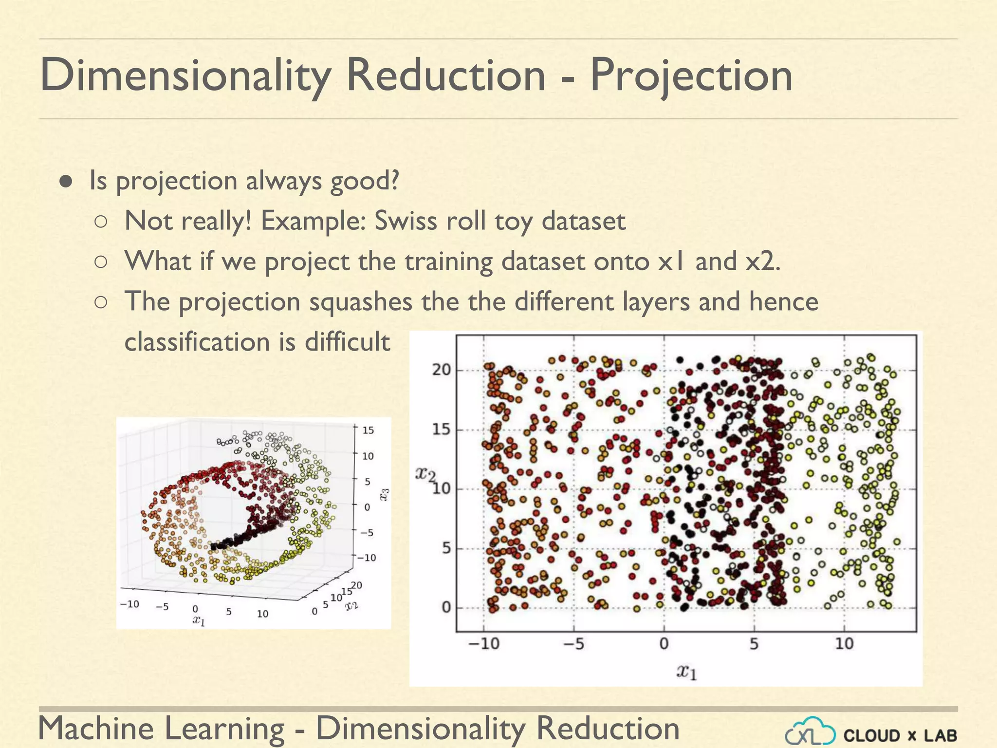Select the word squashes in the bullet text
[361, 301]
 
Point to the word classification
[198, 342]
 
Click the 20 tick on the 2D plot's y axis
[441, 370]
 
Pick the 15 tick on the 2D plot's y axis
[441, 430]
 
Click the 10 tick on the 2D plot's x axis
[844, 644]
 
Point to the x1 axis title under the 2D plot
[687, 673]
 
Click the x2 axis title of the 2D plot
[425, 473]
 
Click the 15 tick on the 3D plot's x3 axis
[368, 430]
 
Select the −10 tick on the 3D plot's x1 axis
[129, 604]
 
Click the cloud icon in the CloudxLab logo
[811, 732]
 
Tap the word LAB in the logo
[940, 735]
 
